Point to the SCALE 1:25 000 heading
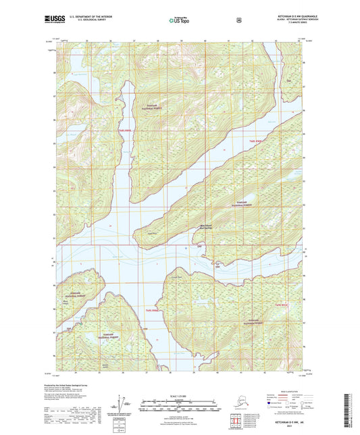pyautogui.click(x=179, y=395)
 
